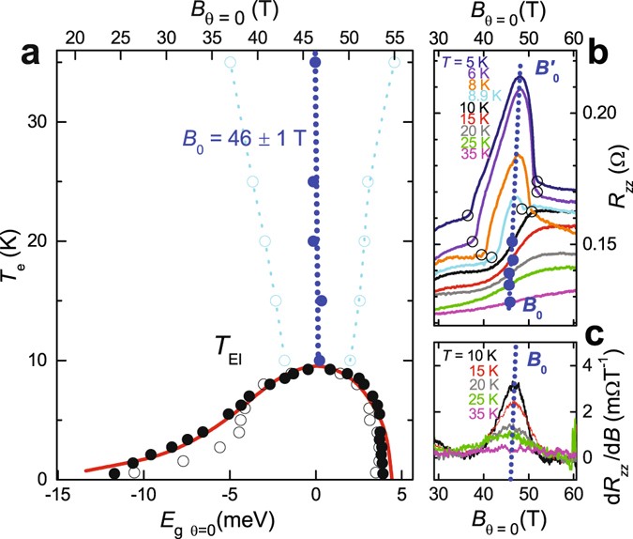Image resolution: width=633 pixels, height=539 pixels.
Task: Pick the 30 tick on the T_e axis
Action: pos(44,122)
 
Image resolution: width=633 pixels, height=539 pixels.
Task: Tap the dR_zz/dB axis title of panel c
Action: pos(620,411)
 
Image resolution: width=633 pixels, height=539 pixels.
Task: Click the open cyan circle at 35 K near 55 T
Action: pos(395,62)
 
